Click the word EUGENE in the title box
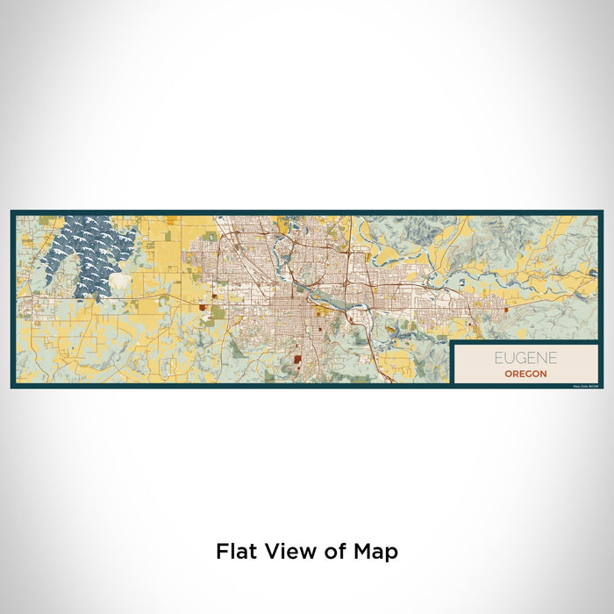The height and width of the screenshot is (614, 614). (525, 358)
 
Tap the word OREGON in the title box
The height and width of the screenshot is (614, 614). (525, 374)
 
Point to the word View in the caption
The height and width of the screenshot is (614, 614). (290, 552)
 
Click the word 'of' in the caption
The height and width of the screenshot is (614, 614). (334, 552)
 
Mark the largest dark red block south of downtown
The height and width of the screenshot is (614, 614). (297, 358)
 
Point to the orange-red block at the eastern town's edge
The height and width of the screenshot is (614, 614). (505, 307)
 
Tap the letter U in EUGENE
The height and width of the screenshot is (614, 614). (508, 358)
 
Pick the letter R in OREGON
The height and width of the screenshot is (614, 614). (515, 374)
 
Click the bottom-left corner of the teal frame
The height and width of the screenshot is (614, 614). (12, 386)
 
